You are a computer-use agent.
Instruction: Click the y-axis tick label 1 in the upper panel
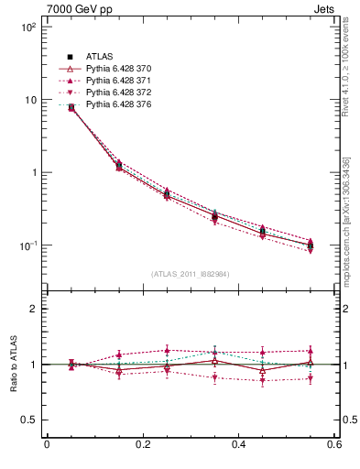[32, 172]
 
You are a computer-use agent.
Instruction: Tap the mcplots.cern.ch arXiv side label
[345, 221]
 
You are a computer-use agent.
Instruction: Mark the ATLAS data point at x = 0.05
[71, 107]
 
